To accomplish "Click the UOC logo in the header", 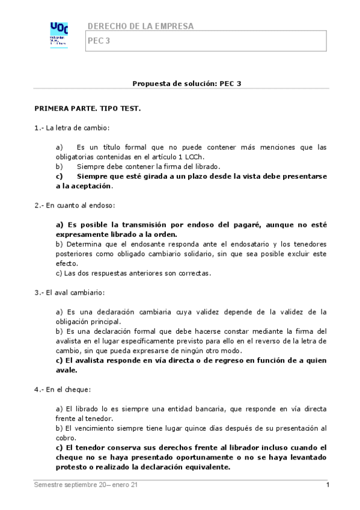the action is (58, 34).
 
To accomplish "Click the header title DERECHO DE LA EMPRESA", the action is (141, 26).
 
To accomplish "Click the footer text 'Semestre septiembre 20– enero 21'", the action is (86, 485).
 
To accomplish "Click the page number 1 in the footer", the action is (328, 485).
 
